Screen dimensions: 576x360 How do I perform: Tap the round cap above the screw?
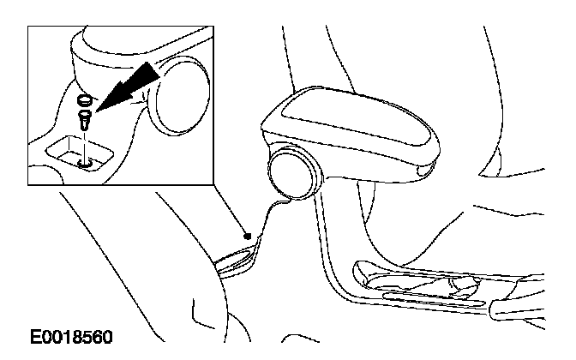point(83,99)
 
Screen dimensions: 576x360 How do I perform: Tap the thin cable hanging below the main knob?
point(273,214)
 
